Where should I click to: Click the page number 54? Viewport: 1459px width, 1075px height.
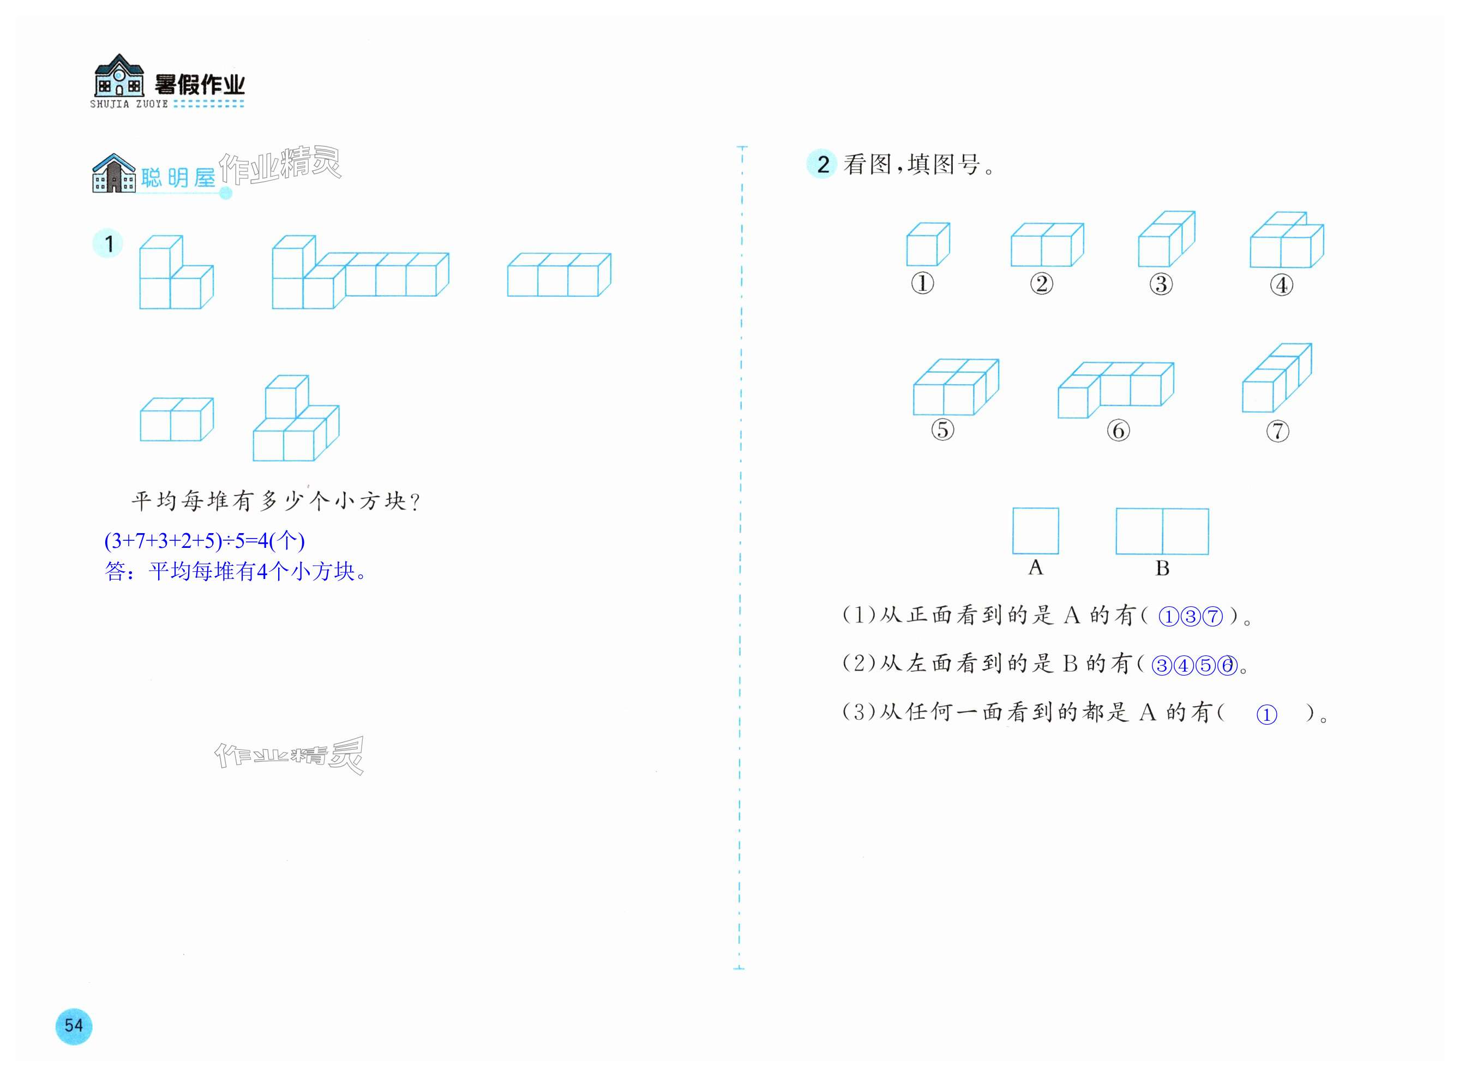pyautogui.click(x=74, y=1025)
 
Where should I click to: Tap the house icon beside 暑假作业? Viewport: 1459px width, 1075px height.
pyautogui.click(x=119, y=76)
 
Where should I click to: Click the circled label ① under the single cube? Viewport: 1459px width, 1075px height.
pyautogui.click(x=922, y=283)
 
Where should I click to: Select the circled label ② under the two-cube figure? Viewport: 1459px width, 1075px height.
pyautogui.click(x=1041, y=284)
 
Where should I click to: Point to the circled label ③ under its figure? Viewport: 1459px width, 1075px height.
pyautogui.click(x=1161, y=284)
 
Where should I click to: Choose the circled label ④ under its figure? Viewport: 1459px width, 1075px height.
pyautogui.click(x=1281, y=285)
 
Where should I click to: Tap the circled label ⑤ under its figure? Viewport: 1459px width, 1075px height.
pyautogui.click(x=942, y=429)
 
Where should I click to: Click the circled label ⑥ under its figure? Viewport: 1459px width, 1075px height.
pyautogui.click(x=1118, y=430)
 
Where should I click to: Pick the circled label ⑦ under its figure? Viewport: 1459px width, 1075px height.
pyautogui.click(x=1277, y=431)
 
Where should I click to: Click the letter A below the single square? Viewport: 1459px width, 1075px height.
pyautogui.click(x=1035, y=568)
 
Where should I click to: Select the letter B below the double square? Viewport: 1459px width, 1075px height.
pyautogui.click(x=1162, y=568)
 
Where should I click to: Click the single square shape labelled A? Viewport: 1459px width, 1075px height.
pyautogui.click(x=1035, y=531)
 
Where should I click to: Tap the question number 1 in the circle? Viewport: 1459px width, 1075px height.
pyautogui.click(x=109, y=244)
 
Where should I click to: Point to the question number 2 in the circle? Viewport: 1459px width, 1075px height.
pyautogui.click(x=822, y=164)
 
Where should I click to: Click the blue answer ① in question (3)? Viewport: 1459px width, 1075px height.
pyautogui.click(x=1266, y=714)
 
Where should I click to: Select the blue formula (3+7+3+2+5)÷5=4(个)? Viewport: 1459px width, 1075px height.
pyautogui.click(x=204, y=540)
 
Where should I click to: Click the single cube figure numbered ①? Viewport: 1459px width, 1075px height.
pyautogui.click(x=928, y=244)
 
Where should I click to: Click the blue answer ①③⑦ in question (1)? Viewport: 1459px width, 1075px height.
pyautogui.click(x=1190, y=616)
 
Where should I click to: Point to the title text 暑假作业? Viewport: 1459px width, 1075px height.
pyautogui.click(x=200, y=85)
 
